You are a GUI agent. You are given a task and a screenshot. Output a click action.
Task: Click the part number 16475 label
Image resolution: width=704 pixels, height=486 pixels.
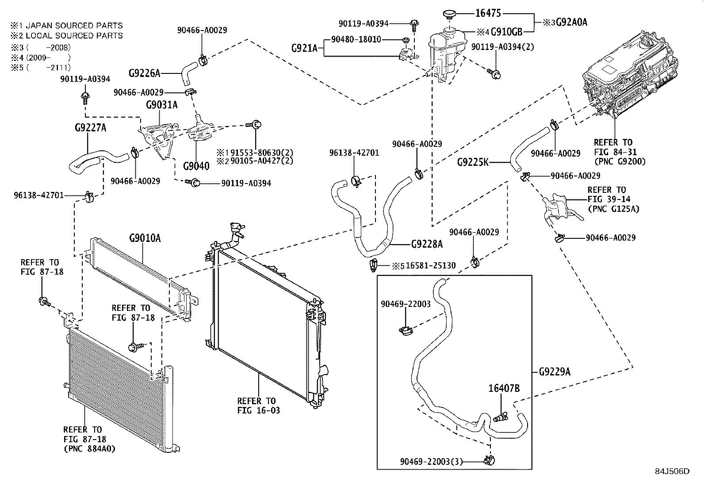[488, 13]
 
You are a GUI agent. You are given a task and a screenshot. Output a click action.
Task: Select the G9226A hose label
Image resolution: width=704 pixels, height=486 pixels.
[145, 73]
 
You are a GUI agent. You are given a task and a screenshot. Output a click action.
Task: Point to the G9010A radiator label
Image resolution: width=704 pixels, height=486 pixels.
[145, 239]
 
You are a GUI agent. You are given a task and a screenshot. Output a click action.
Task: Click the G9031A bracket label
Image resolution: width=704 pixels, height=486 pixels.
[162, 105]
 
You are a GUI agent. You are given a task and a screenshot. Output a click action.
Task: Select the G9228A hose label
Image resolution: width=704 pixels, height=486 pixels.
[426, 244]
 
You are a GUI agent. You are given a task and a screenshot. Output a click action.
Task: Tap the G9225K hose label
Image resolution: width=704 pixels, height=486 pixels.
[473, 162]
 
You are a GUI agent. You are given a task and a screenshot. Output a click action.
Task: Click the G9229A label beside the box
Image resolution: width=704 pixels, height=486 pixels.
[555, 372]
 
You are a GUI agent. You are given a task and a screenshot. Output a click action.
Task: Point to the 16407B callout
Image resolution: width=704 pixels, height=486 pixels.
[504, 388]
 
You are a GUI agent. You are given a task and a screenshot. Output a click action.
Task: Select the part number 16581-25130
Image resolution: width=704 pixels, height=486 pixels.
[430, 266]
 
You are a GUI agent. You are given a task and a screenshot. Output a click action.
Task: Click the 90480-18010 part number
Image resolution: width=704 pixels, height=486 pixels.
[356, 39]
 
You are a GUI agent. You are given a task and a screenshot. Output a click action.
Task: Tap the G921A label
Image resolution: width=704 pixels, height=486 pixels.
[304, 47]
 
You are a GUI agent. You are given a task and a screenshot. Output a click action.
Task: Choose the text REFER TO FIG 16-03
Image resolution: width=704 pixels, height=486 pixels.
[259, 406]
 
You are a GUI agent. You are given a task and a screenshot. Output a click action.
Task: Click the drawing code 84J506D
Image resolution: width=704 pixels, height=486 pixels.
[672, 471]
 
